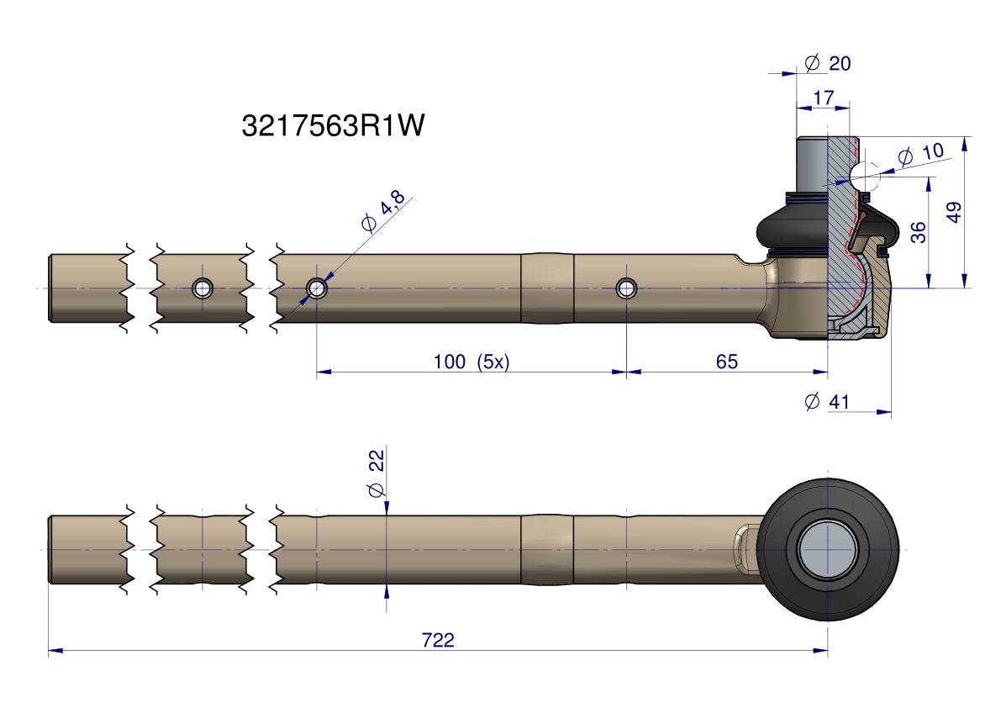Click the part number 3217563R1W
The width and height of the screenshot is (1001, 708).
coord(333,126)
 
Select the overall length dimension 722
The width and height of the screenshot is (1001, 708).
coord(438,640)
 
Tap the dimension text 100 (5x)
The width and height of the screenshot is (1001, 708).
coord(471,362)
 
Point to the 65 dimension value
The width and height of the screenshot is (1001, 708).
coord(726,362)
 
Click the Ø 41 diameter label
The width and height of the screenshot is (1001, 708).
coord(827,402)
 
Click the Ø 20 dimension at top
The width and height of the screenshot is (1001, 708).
coord(827,63)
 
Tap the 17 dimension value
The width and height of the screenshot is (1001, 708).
coord(824,98)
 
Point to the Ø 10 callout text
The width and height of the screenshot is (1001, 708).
coord(921,154)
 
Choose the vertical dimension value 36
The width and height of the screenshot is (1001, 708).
coord(918,232)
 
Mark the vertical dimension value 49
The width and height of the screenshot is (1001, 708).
coord(953,212)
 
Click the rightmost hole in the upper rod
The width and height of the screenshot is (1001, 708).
coord(626,288)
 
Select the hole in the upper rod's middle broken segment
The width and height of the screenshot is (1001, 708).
coord(202,288)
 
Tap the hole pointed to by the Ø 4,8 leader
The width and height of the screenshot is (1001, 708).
coord(317,288)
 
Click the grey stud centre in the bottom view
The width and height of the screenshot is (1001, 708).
coord(827,550)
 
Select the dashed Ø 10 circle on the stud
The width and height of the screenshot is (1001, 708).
coord(865,176)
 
